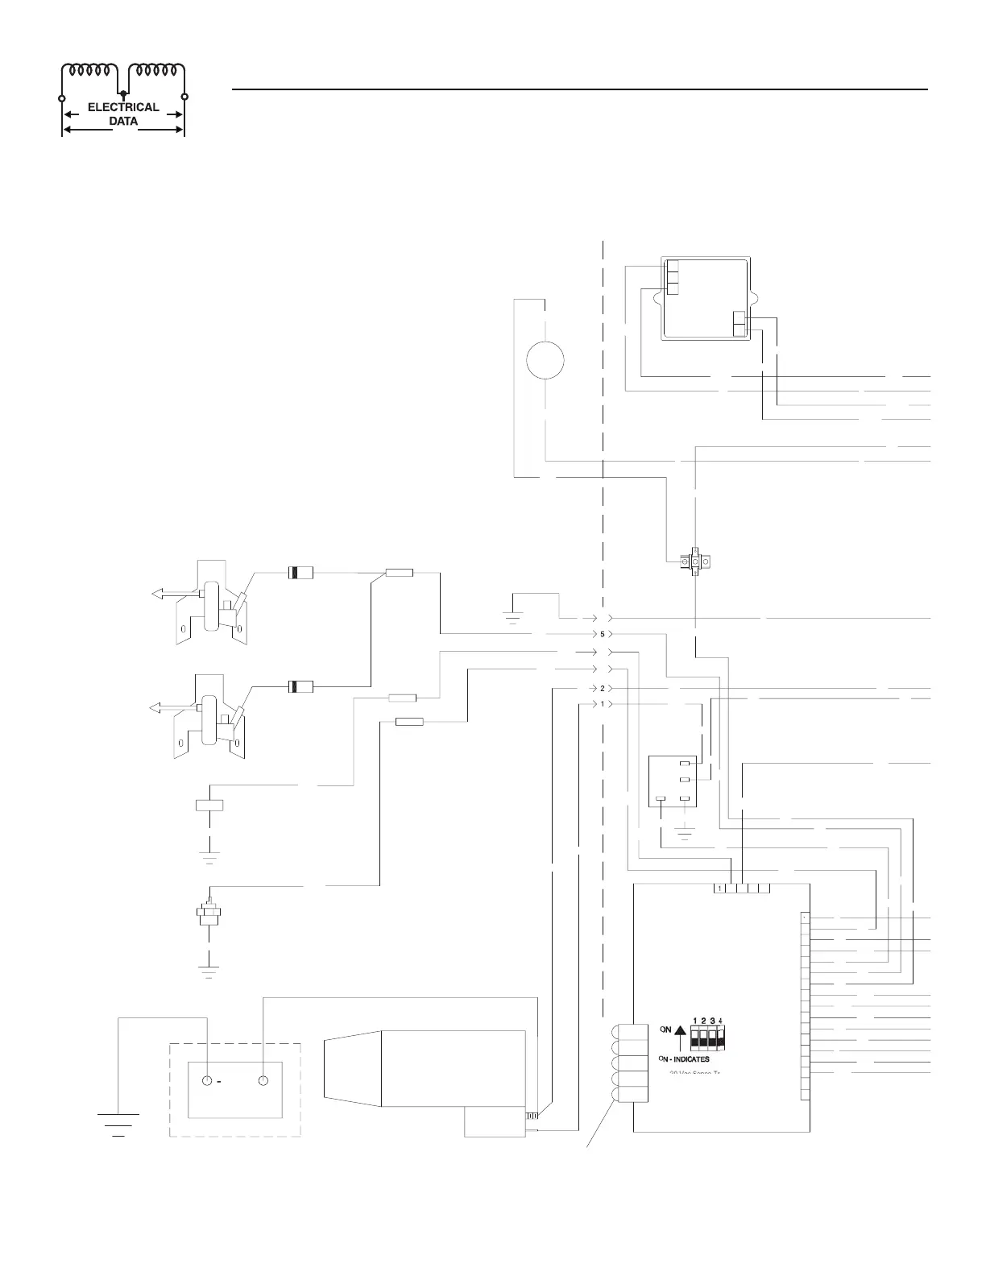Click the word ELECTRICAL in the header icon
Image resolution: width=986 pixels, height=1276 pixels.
pos(123,108)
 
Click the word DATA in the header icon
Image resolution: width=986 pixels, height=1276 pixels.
pos(123,122)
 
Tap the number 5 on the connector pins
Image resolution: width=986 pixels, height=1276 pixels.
pos(602,634)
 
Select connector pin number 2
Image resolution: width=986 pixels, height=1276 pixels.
pos(602,689)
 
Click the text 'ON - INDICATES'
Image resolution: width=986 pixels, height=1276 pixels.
pos(684,1058)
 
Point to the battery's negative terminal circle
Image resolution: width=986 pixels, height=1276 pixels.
pos(208,1081)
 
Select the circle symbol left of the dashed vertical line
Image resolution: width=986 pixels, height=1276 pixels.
pos(545,358)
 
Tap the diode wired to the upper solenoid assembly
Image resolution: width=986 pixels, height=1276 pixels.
pos(300,574)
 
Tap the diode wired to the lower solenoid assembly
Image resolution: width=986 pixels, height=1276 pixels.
pos(300,686)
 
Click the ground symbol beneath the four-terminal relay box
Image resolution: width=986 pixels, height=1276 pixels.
pos(685,832)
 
